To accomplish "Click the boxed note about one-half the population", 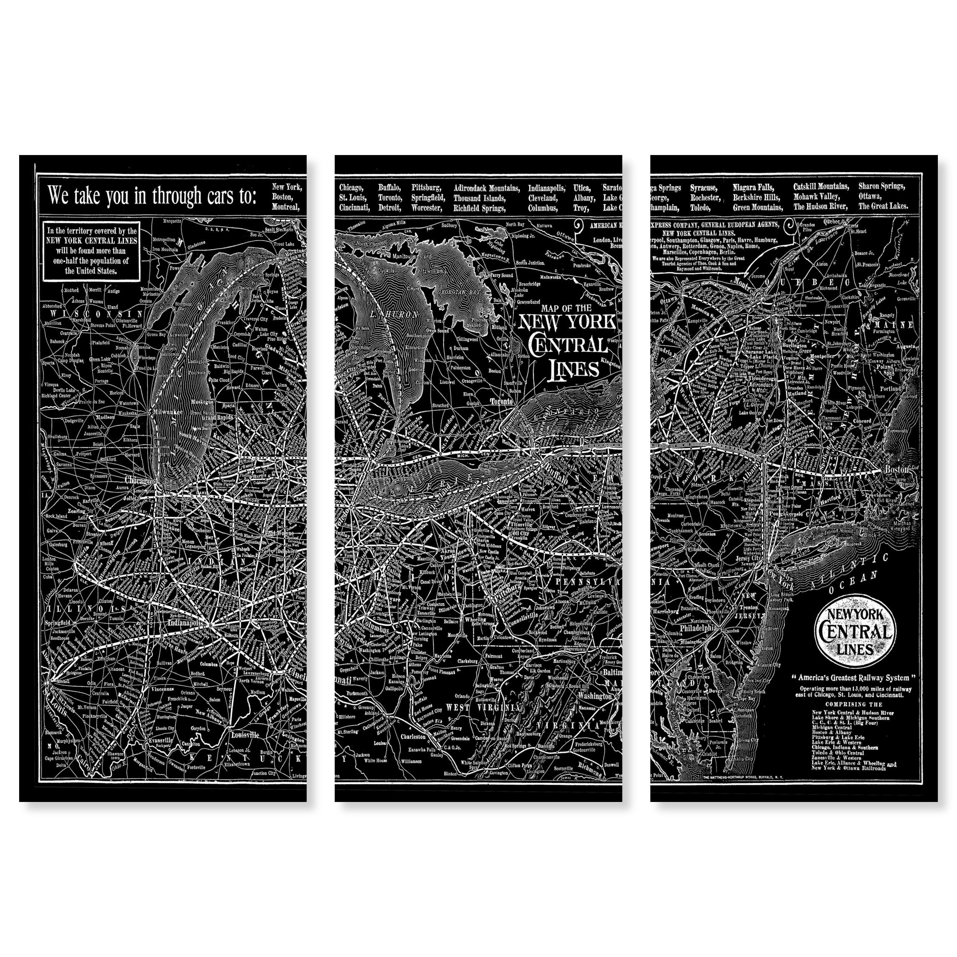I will click(91, 251).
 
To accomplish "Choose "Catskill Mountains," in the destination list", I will click(821, 187).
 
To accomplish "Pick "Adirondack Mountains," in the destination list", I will click(487, 188).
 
